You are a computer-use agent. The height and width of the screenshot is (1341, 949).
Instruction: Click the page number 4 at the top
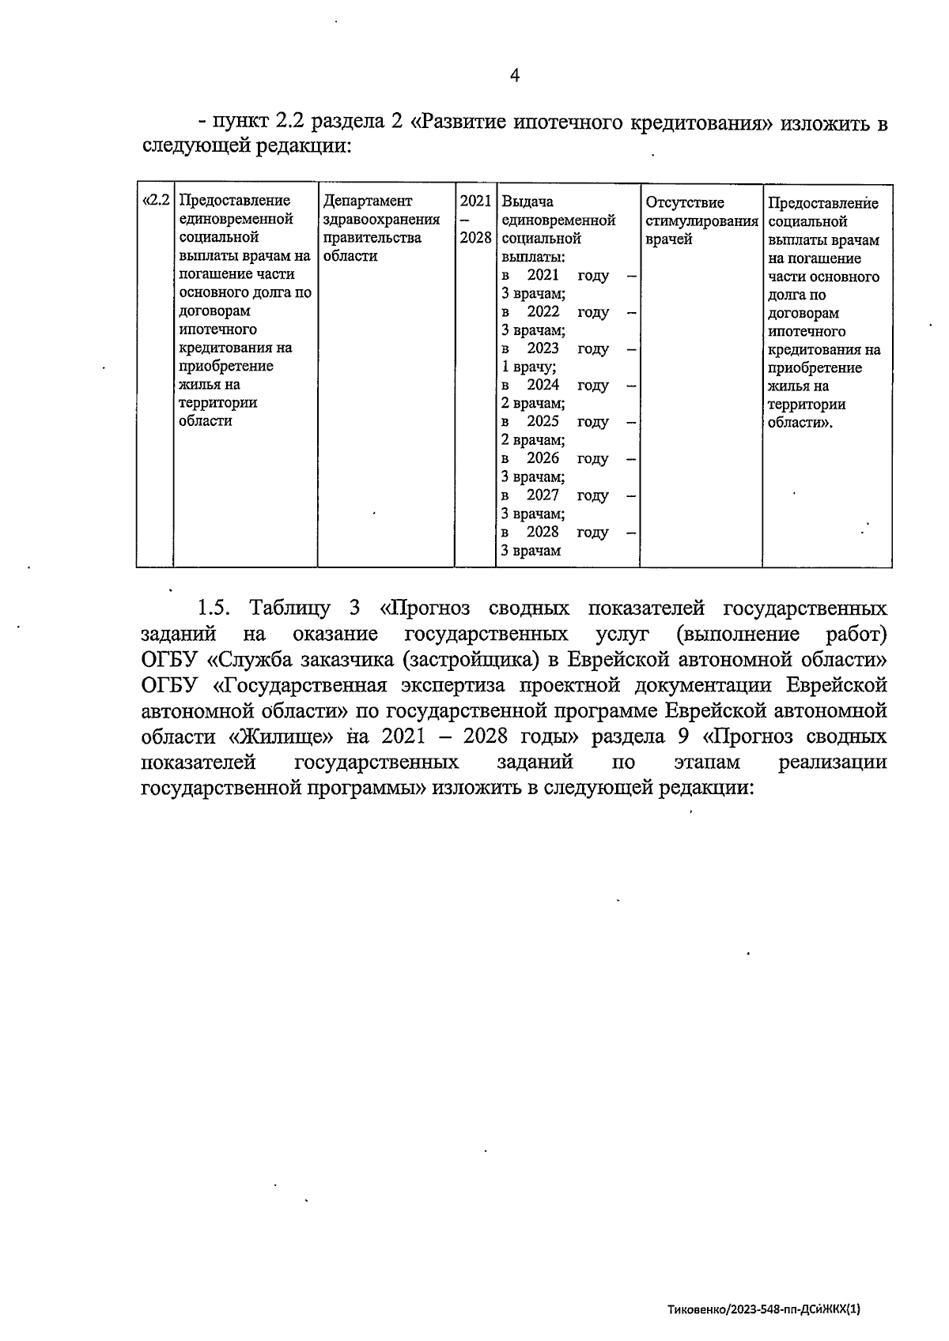point(514,76)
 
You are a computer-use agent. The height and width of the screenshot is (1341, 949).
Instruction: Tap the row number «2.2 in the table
point(156,201)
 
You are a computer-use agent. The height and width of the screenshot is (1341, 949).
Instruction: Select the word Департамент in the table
point(368,202)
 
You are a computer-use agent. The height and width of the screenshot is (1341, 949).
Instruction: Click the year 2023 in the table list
point(543,348)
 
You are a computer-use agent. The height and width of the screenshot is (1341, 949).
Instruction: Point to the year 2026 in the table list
point(543,458)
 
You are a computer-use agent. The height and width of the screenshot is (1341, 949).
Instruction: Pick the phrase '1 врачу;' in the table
point(529,367)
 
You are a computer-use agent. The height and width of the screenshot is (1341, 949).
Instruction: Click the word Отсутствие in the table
point(684,202)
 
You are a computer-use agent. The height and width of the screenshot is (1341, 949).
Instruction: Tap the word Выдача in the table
point(527,202)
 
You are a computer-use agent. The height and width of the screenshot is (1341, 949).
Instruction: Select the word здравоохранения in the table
point(381,220)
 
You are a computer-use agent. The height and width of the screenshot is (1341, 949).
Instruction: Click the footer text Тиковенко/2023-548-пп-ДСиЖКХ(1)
point(763,1309)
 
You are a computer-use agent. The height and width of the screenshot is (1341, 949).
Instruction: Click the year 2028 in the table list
point(543,532)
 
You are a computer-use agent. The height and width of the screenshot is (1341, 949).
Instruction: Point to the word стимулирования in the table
point(701,220)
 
